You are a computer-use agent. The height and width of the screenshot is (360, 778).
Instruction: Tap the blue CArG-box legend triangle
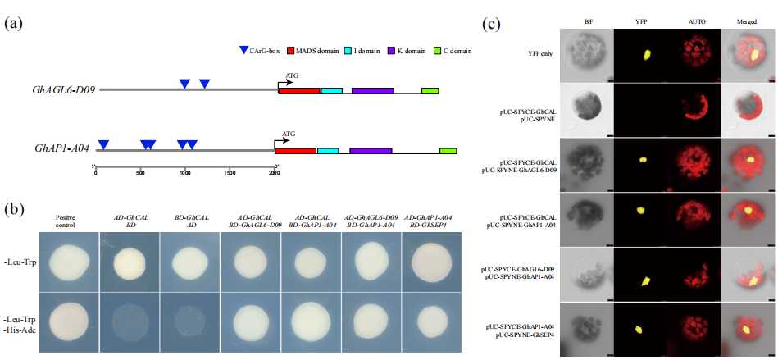243,52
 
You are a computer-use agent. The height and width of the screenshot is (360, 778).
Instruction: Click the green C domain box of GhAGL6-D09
430,89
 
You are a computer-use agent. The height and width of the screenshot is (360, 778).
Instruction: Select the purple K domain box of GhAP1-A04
371,151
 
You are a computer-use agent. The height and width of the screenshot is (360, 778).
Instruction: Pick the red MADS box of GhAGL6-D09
299,89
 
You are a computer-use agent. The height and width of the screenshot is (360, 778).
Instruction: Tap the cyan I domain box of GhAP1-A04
327,151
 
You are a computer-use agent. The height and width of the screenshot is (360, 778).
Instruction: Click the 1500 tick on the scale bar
230,173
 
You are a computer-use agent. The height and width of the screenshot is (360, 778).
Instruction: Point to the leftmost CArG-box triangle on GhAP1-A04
103,145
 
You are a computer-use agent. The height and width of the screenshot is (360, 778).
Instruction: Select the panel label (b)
14,209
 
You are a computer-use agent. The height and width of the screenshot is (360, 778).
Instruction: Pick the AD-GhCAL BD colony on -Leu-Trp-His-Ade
130,321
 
